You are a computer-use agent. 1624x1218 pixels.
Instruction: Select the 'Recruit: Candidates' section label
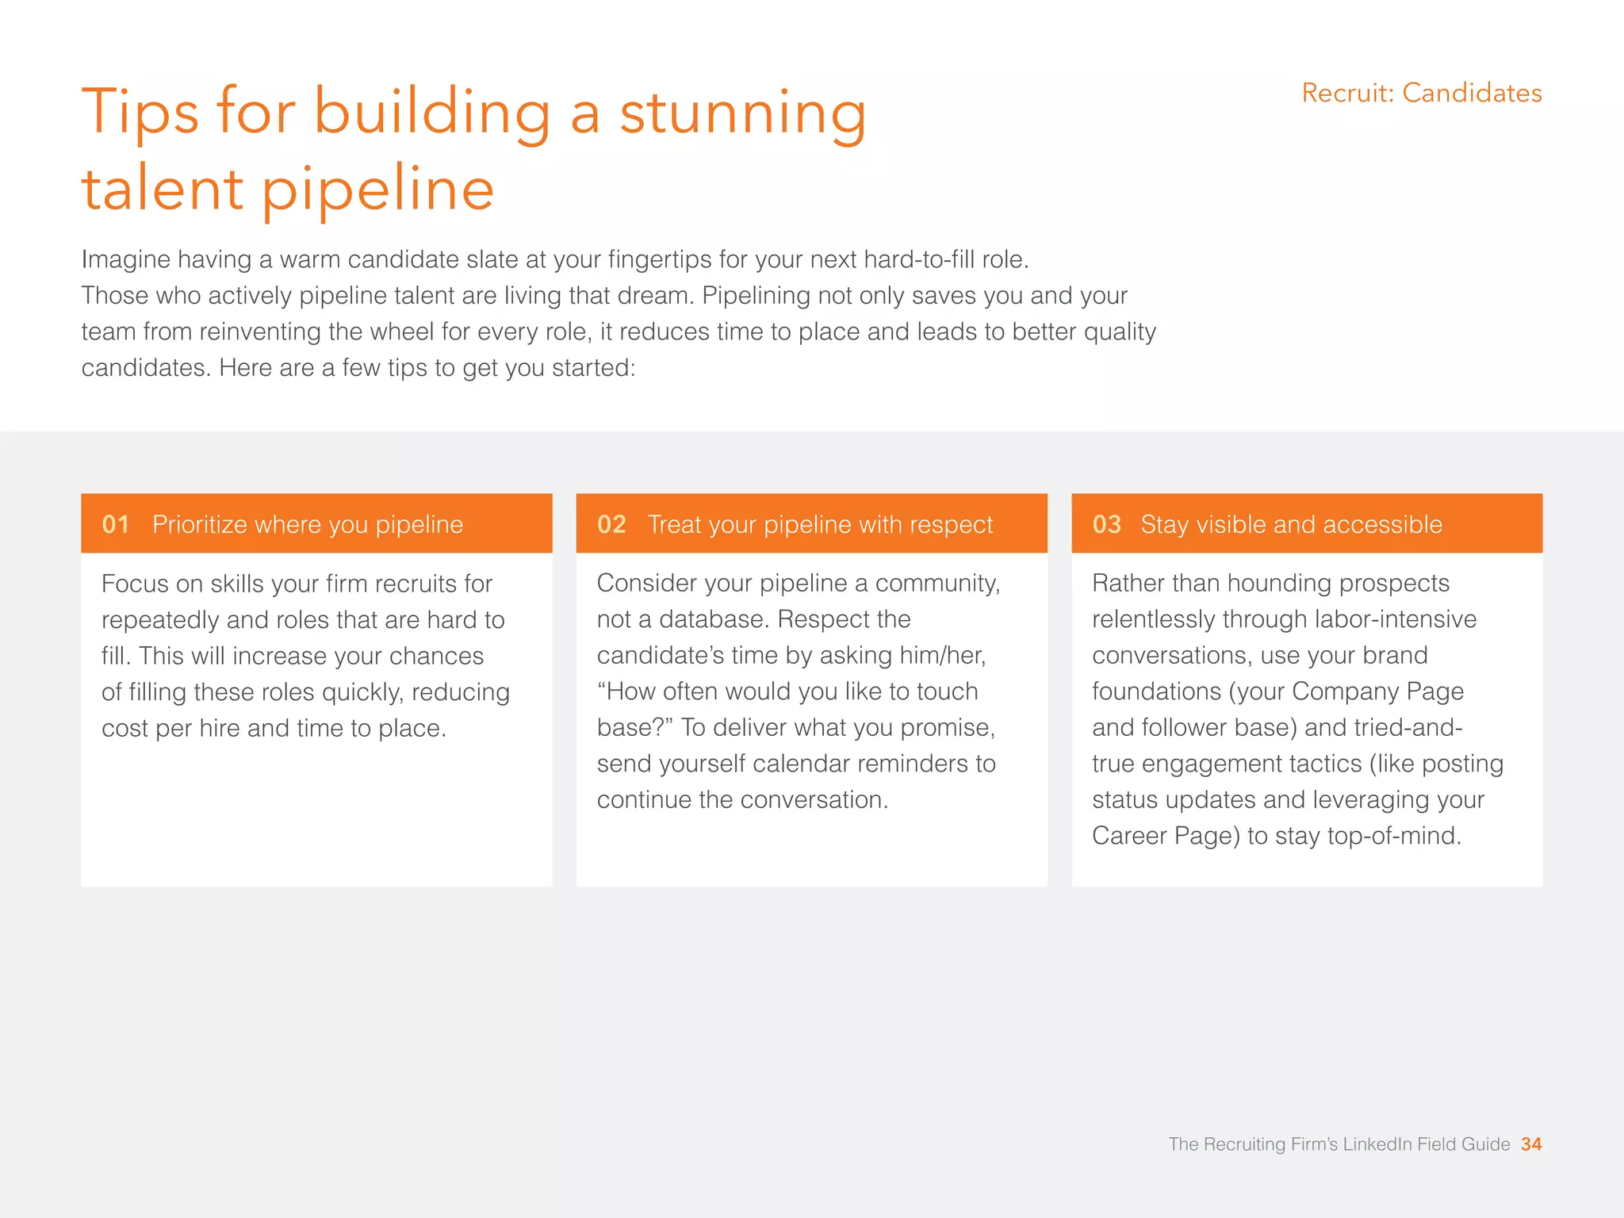pyautogui.click(x=1421, y=93)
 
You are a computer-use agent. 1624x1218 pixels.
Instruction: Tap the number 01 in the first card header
pyautogui.click(x=115, y=524)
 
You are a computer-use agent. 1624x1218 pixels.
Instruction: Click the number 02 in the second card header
pyautogui.click(x=611, y=524)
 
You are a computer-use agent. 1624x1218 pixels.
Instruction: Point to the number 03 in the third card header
pyautogui.click(x=1106, y=524)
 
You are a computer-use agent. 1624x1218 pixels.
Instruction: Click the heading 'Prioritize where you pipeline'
pyautogui.click(x=307, y=524)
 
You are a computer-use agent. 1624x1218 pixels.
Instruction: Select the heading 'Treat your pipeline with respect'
pyautogui.click(x=820, y=524)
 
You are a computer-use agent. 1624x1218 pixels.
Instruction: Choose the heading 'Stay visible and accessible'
pyautogui.click(x=1291, y=524)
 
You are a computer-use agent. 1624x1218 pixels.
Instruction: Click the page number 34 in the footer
pyautogui.click(x=1531, y=1144)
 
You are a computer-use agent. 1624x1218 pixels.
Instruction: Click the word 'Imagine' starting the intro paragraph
pyautogui.click(x=125, y=259)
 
